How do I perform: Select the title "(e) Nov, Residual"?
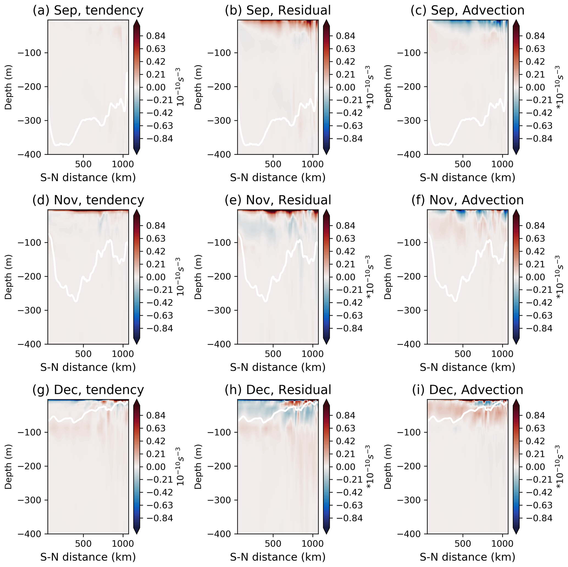[x=278, y=200]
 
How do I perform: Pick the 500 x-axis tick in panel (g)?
[x=83, y=543]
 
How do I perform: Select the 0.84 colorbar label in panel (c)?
[x=535, y=36]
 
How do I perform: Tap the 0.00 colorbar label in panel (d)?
[x=156, y=277]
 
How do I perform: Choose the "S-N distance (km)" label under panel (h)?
[x=278, y=557]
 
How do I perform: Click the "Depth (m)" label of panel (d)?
[x=8, y=277]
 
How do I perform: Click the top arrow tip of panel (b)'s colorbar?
[x=326, y=21]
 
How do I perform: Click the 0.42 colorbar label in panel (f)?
[x=535, y=251]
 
